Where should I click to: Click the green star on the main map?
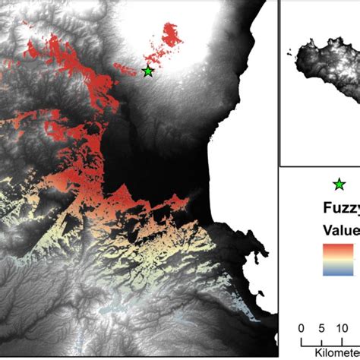tap(147, 71)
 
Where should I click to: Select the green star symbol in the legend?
tap(339, 184)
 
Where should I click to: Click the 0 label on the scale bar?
tap(302, 328)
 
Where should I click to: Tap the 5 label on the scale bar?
tap(319, 328)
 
